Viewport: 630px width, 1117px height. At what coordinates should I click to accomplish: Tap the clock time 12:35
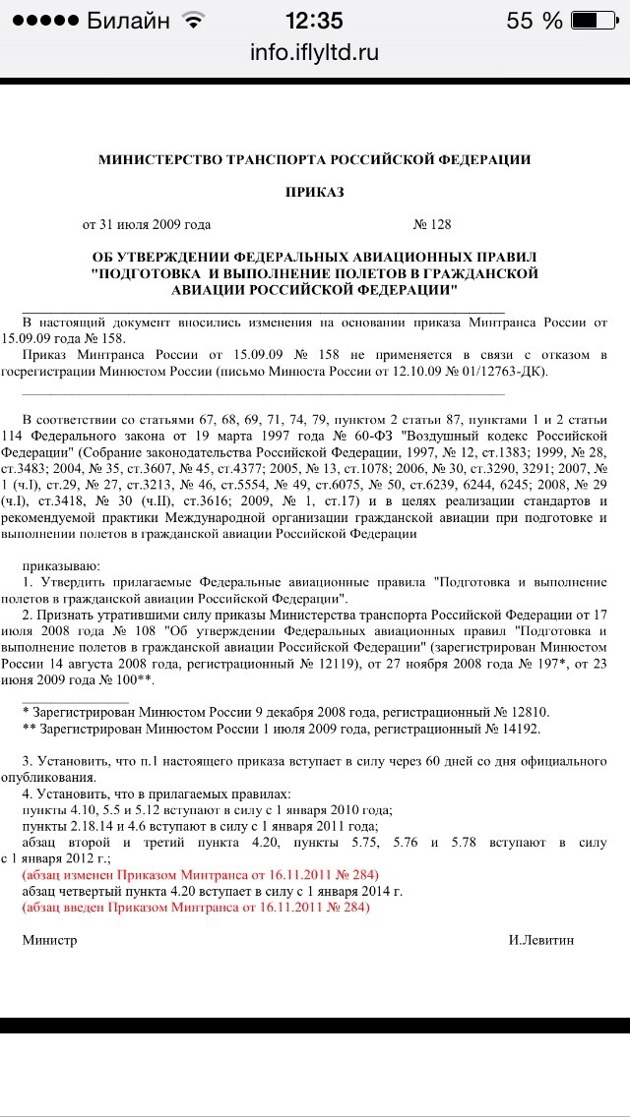314,20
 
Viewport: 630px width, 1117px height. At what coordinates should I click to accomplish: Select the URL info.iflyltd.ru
314,51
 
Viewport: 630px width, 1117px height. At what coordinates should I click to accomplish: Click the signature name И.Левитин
541,939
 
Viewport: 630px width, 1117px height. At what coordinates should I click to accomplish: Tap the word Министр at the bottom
49,939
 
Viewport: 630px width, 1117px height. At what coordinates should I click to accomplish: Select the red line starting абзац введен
196,907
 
